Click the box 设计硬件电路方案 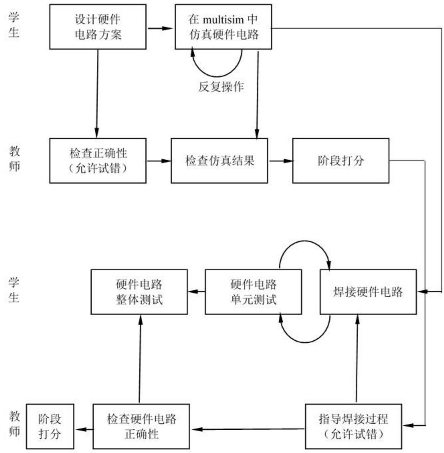(x=98, y=26)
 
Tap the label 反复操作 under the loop (x=221, y=86)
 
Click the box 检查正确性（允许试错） (x=98, y=161)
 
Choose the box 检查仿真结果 (x=219, y=161)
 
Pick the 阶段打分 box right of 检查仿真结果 (x=341, y=161)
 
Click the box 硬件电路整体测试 (x=139, y=292)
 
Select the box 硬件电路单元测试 (x=253, y=292)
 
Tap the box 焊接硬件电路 (x=368, y=292)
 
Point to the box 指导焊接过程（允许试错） (x=353, y=426)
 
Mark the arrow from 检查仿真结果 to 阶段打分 (x=280, y=161)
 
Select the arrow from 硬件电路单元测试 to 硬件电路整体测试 (x=196, y=292)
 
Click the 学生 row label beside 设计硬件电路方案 (x=14, y=25)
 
